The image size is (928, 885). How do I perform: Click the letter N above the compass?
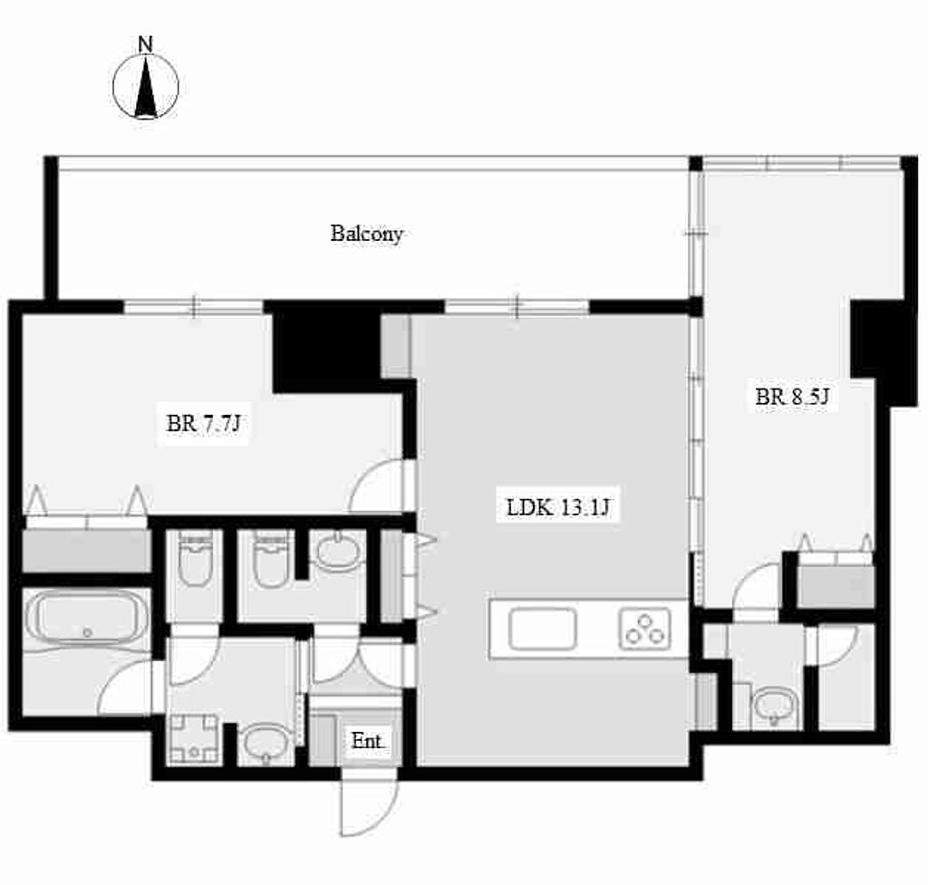click(146, 43)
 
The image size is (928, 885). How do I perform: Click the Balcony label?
click(367, 234)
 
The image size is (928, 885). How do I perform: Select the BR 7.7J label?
click(203, 423)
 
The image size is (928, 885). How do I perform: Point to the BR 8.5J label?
click(792, 396)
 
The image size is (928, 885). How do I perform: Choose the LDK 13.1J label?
click(557, 507)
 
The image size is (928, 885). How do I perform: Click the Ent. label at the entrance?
click(367, 740)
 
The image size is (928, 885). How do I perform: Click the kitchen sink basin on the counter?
click(543, 629)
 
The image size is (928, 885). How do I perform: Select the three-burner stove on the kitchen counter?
click(645, 629)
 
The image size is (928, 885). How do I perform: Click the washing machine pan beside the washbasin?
click(194, 739)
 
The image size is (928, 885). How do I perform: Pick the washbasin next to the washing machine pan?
click(266, 743)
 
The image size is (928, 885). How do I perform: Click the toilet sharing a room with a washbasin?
click(271, 558)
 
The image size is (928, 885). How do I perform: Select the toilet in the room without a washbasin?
click(195, 558)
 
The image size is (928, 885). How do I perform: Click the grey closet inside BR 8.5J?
click(836, 586)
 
